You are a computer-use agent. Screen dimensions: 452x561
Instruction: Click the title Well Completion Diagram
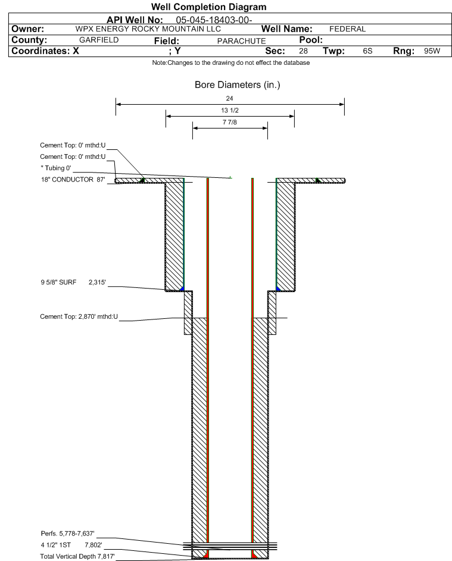click(x=209, y=7)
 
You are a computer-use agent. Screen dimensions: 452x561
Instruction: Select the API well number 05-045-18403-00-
click(x=214, y=20)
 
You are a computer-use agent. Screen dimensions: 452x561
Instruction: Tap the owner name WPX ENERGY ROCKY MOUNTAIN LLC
click(x=148, y=29)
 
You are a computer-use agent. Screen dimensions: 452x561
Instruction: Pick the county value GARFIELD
click(x=99, y=40)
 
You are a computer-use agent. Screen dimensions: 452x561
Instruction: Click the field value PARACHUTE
click(x=241, y=41)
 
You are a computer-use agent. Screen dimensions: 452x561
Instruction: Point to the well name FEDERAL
click(x=347, y=29)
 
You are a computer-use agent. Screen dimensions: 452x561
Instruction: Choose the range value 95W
click(x=432, y=51)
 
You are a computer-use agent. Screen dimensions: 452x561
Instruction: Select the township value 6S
click(x=367, y=51)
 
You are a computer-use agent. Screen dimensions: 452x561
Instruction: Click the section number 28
click(x=303, y=51)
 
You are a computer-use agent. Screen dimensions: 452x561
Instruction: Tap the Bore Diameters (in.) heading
click(x=238, y=85)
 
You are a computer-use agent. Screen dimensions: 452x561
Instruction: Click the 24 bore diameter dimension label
click(x=230, y=98)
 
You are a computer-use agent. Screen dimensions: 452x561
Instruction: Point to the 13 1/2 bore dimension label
click(x=230, y=110)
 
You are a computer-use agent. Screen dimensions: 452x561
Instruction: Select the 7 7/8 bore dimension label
click(x=230, y=123)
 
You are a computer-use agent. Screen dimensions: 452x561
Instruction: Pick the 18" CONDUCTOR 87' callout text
click(x=73, y=180)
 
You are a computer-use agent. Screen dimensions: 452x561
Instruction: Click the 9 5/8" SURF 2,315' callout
click(x=73, y=283)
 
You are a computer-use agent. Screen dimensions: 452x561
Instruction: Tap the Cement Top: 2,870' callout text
click(x=79, y=316)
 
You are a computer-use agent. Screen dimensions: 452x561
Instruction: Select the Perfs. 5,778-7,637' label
click(x=68, y=534)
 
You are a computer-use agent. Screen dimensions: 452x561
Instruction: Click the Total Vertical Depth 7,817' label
click(x=77, y=556)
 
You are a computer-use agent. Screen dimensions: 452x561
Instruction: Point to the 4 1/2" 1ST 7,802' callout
click(x=71, y=546)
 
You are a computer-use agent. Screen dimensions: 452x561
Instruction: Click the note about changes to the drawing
click(x=231, y=62)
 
